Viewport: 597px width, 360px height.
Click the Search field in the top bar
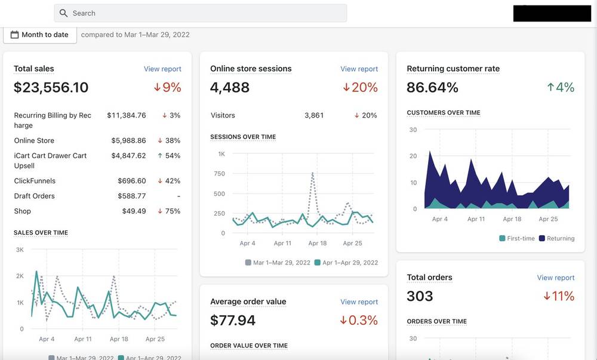pos(200,13)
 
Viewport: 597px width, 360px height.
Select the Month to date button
pos(40,35)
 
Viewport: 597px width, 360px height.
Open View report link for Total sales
pos(162,69)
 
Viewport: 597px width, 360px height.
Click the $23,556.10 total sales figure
pos(51,88)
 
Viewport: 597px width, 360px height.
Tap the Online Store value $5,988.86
pos(129,140)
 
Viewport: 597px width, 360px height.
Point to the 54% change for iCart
pos(169,156)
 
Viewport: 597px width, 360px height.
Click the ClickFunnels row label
pos(35,181)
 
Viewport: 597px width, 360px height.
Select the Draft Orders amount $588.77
pos(132,196)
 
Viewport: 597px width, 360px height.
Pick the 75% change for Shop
pos(169,211)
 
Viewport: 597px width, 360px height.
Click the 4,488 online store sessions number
pos(230,88)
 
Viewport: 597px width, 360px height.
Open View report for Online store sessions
pos(359,69)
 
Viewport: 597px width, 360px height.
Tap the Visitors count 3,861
pos(314,115)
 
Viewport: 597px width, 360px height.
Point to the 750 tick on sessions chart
pos(219,174)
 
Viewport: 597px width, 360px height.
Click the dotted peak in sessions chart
pos(313,173)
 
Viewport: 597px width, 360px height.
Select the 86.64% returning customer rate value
pos(432,88)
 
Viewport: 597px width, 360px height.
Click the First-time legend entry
pos(517,239)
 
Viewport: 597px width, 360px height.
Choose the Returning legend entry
pos(557,239)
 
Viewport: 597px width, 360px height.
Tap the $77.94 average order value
pos(233,321)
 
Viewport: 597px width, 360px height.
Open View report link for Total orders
pos(555,278)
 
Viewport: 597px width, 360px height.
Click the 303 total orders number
pos(420,296)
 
